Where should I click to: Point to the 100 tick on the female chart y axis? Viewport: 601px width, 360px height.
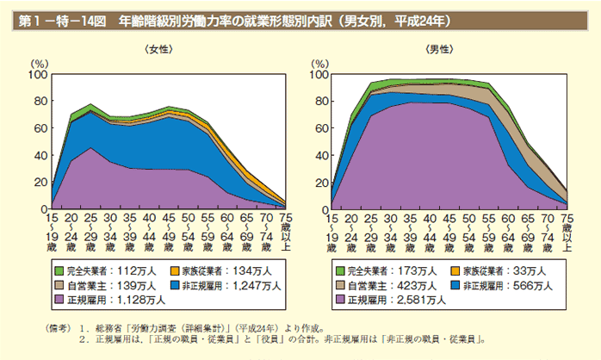[x=37, y=75]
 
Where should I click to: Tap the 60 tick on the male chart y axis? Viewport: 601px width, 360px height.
[x=319, y=128]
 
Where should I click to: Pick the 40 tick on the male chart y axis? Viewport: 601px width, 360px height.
[x=319, y=155]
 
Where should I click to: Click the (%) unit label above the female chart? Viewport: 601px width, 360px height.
[x=40, y=64]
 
